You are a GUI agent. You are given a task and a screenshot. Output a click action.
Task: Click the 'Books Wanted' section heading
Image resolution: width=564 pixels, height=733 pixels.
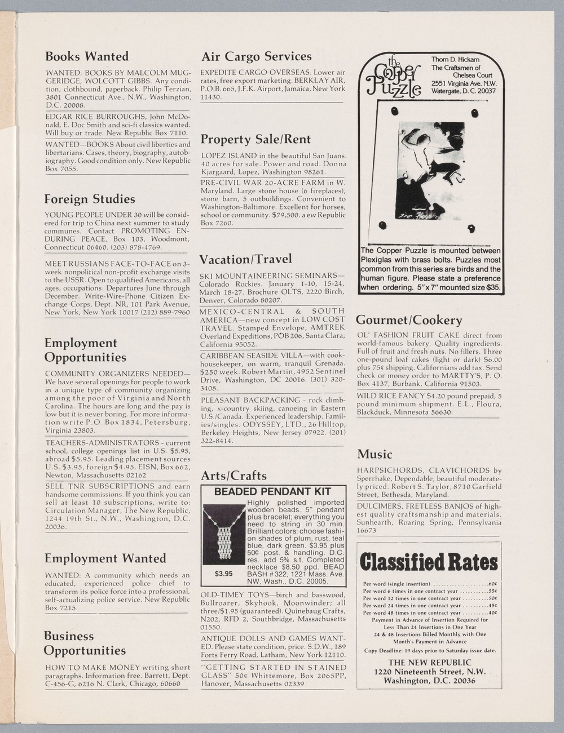87,56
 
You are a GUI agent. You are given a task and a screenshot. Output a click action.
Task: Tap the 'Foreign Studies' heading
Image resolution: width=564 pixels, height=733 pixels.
90,199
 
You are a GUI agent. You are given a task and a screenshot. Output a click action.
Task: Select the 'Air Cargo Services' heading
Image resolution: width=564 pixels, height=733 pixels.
257,56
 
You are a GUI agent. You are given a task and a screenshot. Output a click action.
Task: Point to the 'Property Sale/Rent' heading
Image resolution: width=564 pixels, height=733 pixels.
256,139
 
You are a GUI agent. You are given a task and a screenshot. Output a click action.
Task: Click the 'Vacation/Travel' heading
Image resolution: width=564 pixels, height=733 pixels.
246,259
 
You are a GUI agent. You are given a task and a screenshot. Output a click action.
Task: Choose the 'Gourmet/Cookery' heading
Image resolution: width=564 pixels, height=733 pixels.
409,320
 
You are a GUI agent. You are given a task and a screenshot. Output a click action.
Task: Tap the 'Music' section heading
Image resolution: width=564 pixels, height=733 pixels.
374,454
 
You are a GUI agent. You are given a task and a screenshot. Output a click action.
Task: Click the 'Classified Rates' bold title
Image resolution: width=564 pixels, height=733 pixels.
429,562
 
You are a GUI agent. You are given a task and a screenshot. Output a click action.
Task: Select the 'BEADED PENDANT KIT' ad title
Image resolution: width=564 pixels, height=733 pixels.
272,491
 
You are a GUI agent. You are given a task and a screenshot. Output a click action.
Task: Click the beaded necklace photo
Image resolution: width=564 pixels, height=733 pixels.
224,535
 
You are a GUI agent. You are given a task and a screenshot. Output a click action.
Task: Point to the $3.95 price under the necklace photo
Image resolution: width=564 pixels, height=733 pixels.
223,574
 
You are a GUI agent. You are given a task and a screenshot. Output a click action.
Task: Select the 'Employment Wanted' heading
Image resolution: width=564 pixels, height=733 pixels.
105,558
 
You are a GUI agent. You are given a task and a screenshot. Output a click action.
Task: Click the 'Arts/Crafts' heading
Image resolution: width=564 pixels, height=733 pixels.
233,476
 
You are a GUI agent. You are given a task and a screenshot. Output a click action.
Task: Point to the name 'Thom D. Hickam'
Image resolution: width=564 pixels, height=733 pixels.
456,60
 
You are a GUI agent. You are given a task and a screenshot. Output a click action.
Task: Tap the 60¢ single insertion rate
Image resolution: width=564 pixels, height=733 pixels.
492,584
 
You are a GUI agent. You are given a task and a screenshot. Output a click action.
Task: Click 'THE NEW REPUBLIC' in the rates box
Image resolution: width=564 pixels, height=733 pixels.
429,662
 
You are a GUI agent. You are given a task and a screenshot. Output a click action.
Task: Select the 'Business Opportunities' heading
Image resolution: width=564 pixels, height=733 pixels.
85,643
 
